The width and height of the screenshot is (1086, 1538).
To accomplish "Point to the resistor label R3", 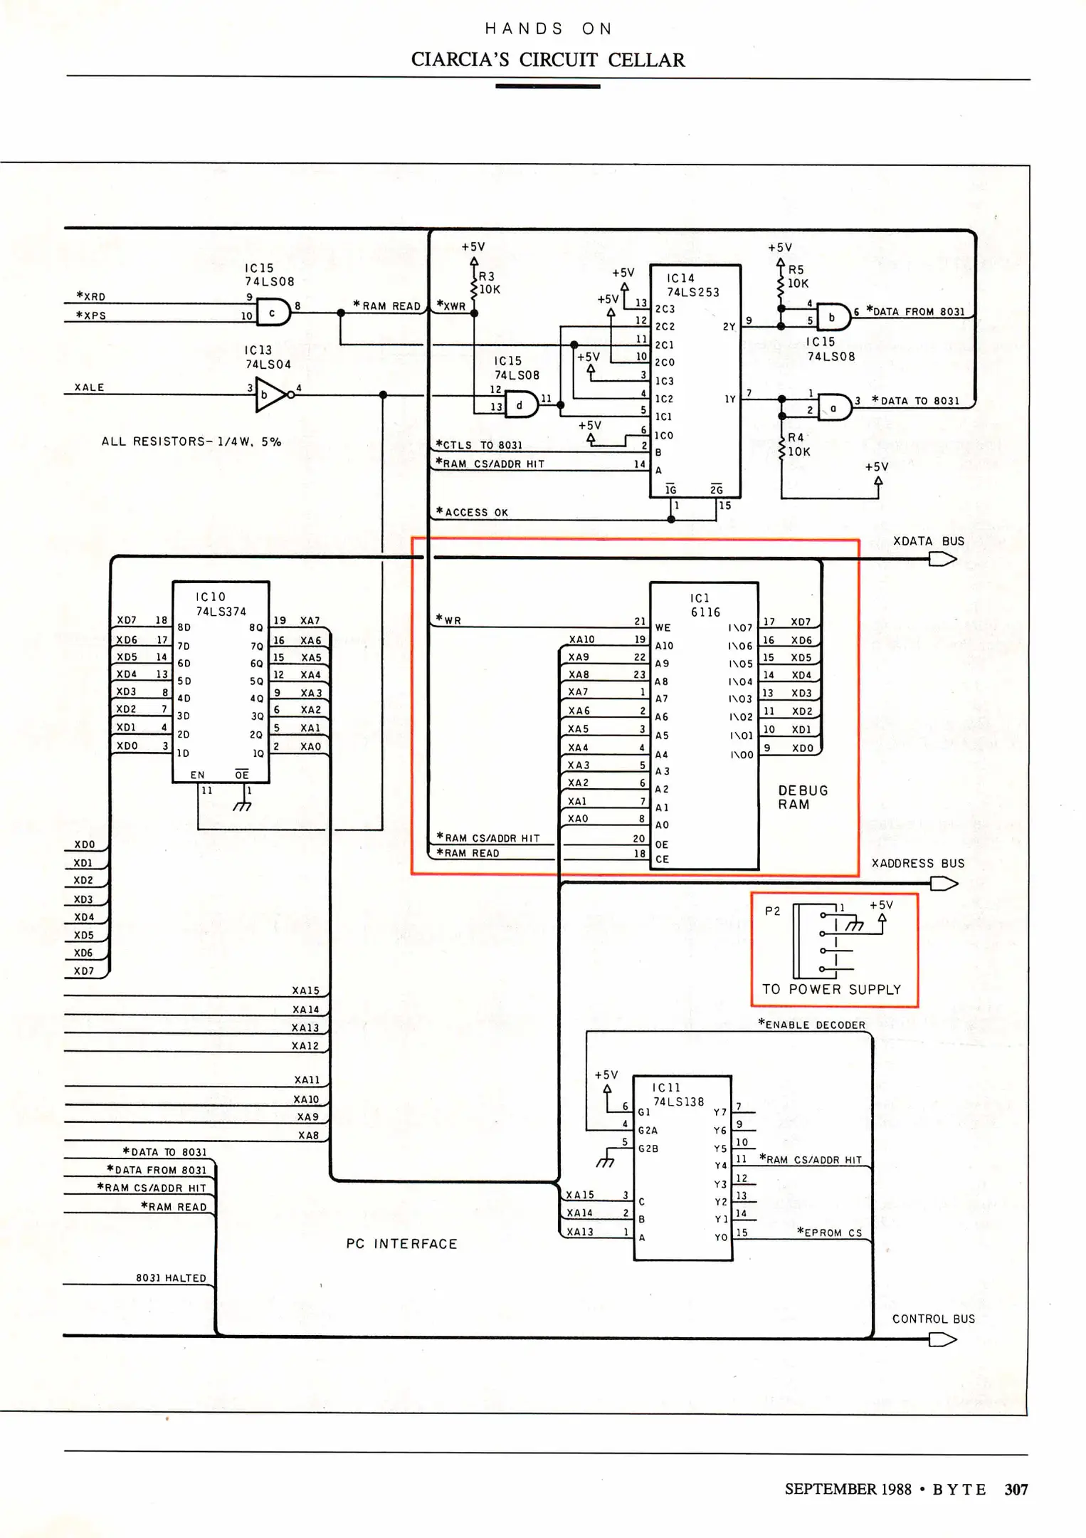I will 486,276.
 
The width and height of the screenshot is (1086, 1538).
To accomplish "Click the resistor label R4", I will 796,437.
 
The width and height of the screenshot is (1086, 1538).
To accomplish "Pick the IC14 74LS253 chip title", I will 692,286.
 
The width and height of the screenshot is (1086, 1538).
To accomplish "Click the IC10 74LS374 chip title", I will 221,604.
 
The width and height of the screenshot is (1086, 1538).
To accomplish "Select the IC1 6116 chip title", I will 705,605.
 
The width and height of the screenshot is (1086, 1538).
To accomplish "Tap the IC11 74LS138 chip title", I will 678,1094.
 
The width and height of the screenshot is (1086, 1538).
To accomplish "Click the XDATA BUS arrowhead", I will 943,560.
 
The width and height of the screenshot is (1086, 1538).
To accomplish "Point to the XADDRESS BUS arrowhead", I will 944,884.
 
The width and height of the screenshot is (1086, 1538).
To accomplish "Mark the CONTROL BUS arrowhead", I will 943,1339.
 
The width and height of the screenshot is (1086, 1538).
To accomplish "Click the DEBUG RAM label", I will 803,797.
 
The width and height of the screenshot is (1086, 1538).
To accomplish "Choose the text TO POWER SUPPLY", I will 831,989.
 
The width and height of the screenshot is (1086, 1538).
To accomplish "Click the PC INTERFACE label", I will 401,1244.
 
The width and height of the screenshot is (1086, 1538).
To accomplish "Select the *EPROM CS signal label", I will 829,1233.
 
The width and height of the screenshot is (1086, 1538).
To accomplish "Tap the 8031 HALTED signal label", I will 171,1278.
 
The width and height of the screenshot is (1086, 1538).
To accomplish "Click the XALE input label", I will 90,387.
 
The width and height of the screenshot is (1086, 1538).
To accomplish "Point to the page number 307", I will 1016,1489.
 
